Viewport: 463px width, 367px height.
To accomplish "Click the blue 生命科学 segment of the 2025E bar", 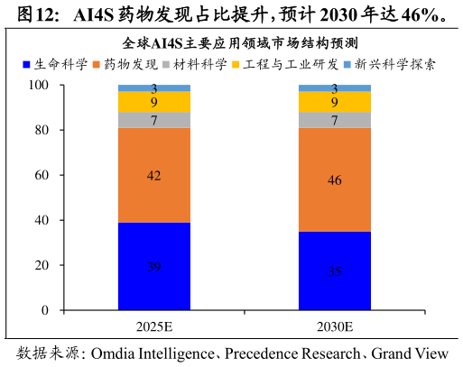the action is coord(154,266).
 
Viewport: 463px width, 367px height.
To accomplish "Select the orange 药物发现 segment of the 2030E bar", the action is coord(335,179).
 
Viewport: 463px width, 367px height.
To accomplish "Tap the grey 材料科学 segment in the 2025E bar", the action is coord(154,120).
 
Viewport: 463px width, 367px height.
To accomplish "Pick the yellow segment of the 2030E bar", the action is coord(335,102).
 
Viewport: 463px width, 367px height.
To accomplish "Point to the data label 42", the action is coord(153,176).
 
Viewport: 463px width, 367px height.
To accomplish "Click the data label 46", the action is coord(335,180).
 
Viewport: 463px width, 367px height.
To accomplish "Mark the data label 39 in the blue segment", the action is coord(153,267).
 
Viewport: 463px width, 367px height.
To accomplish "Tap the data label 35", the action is coord(335,271).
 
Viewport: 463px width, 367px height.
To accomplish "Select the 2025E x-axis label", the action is coord(154,326).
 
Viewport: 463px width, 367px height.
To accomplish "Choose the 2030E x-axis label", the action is coord(335,326).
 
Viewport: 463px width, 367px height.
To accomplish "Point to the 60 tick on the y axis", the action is coord(42,175).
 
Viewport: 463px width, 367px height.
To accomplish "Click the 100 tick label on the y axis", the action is coord(39,85).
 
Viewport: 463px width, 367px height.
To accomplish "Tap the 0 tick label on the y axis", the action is coord(45,310).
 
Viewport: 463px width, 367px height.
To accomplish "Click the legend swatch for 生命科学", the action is coord(26,65).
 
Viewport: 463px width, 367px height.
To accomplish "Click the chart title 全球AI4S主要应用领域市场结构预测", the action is coord(240,43).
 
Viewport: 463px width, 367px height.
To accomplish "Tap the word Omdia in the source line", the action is coord(113,353).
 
